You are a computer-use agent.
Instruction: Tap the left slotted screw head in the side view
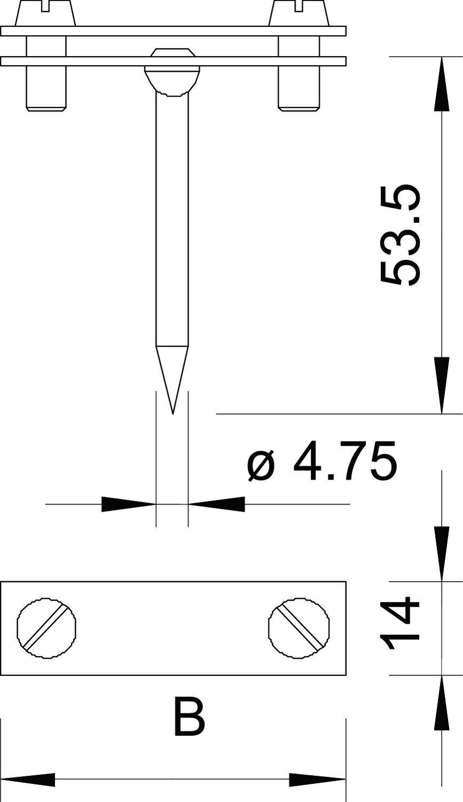[x=46, y=13]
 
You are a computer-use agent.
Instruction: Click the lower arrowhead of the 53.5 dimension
[x=442, y=385]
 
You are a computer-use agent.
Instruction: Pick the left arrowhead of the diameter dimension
[x=128, y=504]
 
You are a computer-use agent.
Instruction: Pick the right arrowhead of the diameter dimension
[x=217, y=504]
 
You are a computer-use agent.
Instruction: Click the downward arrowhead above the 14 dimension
[x=442, y=554]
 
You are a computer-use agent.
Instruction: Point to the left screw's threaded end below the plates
[x=46, y=91]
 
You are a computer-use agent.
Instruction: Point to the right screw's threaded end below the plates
[x=300, y=91]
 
